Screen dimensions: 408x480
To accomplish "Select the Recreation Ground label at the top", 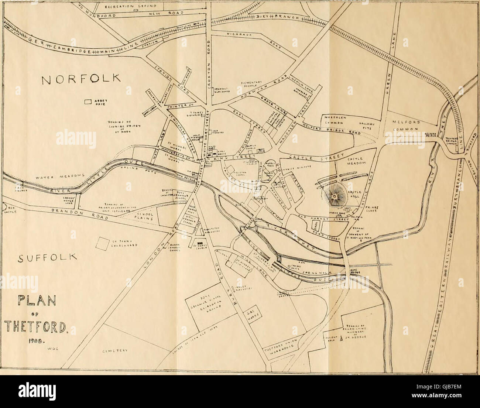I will click(140, 6).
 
